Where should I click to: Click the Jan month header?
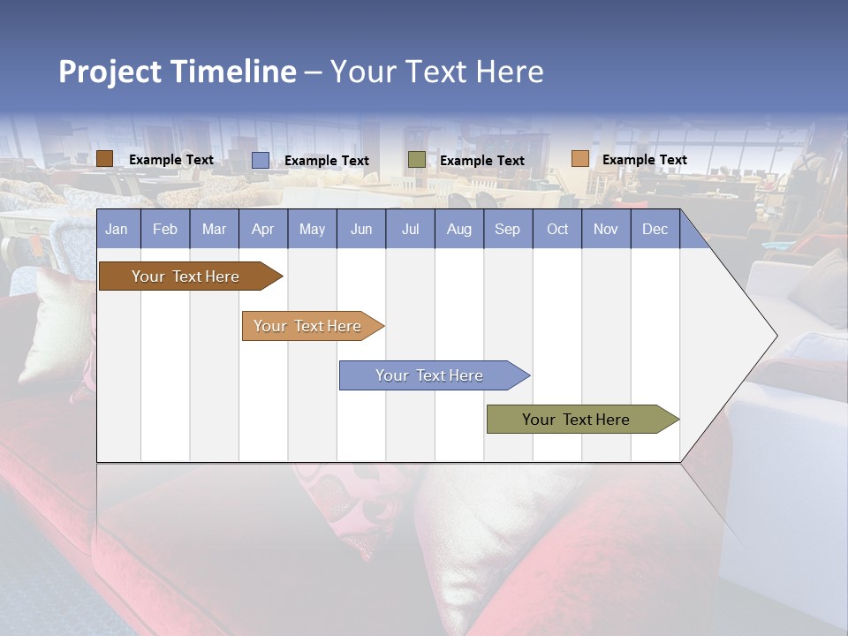pos(117,229)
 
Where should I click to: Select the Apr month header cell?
pos(263,229)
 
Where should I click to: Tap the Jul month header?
pos(410,229)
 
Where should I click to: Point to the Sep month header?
pos(508,229)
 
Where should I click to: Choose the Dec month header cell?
pos(655,229)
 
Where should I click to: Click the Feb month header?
pos(165,229)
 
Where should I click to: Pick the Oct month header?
pos(557,229)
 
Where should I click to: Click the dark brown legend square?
pos(105,159)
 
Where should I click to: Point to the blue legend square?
pos(261,160)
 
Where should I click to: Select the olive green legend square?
pos(417,160)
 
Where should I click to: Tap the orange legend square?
pos(579,159)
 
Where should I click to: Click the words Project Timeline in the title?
pos(178,72)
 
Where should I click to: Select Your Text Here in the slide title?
pos(437,72)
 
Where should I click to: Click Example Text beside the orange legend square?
pos(645,160)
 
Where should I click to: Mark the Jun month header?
pos(361,229)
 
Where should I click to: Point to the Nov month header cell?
pos(606,229)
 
